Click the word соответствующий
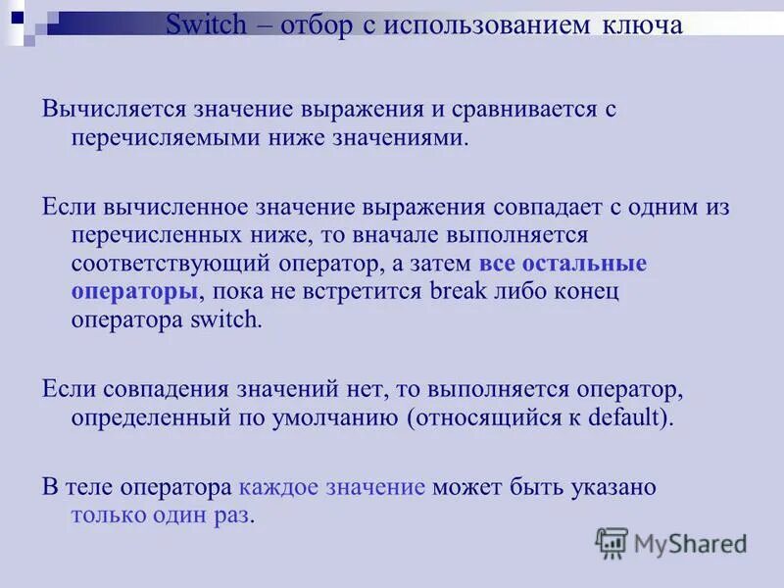[x=184, y=264]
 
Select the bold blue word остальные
[x=584, y=264]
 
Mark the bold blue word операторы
[x=134, y=292]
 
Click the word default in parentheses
[x=621, y=416]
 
